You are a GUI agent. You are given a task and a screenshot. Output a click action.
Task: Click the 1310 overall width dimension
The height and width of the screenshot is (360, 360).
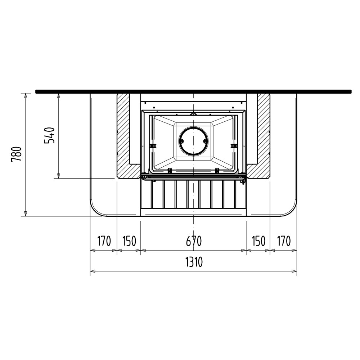pos(194,262)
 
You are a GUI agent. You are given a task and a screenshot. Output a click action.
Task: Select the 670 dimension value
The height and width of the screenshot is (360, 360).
pos(194,241)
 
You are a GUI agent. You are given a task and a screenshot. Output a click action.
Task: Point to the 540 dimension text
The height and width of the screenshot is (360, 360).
pos(49,135)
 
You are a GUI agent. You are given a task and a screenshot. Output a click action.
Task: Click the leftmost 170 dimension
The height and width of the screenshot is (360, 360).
pos(104,241)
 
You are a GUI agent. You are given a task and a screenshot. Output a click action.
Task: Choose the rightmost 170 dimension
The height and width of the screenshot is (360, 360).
pos(284,241)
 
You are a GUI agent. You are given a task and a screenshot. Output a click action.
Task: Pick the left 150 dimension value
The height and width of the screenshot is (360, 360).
pos(129,241)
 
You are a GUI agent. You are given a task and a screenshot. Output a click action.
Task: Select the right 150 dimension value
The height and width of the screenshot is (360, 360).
pos(258,241)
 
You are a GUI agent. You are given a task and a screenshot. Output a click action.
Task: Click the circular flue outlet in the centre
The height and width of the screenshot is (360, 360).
pos(194,141)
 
